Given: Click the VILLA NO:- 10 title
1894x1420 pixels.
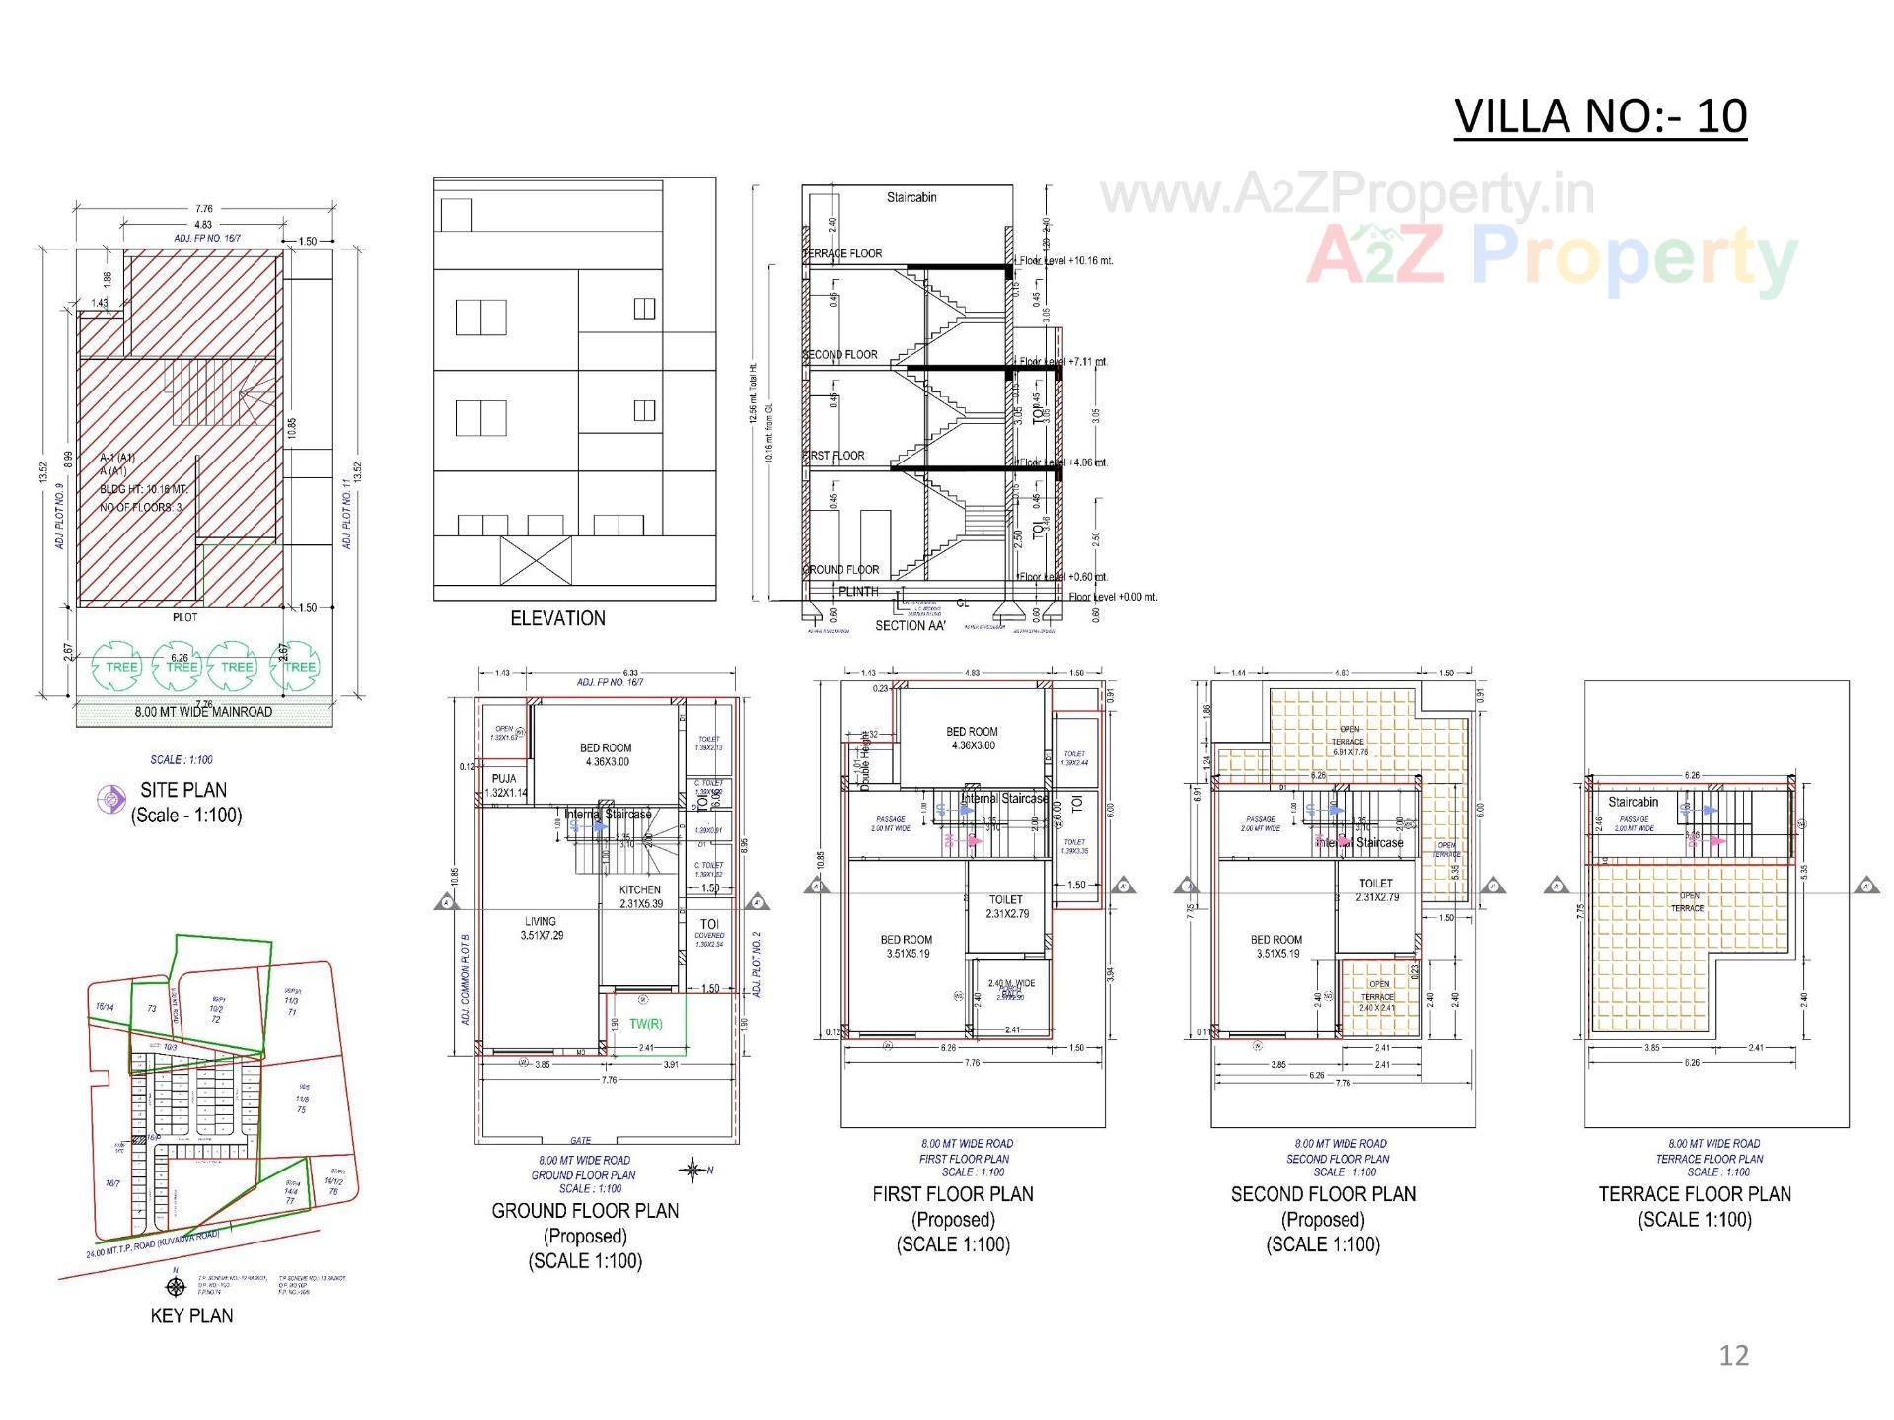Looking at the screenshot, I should tap(1600, 116).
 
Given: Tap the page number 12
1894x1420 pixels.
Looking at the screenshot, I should tap(1733, 1355).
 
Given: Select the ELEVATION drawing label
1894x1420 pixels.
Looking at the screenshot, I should tap(557, 618).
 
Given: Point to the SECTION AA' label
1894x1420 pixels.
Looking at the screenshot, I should tap(910, 625).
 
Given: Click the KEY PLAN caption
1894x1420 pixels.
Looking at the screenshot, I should tap(191, 1315).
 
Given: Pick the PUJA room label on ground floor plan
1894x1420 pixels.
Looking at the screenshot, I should tap(503, 779).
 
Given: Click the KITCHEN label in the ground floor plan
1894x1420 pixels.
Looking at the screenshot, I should tap(640, 889).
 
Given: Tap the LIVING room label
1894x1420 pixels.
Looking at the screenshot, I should tap(541, 921).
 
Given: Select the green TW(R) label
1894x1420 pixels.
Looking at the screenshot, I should tap(646, 1024).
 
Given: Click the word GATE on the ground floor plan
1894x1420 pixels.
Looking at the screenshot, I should tap(580, 1140).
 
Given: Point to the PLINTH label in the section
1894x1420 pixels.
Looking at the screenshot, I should tap(857, 592).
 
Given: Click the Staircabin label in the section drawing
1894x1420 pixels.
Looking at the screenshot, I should tap(911, 197).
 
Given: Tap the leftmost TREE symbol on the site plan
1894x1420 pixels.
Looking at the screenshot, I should tap(121, 667).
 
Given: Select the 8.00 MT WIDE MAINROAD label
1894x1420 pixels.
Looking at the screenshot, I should tap(203, 712).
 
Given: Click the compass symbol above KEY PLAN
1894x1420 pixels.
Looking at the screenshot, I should tap(176, 1286).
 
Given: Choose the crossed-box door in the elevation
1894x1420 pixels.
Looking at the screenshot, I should tap(536, 560).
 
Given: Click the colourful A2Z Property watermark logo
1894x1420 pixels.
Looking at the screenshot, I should tap(1551, 257).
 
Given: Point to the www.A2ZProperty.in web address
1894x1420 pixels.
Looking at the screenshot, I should tap(1347, 194).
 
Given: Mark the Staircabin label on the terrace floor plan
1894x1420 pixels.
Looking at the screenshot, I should tap(1633, 802).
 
